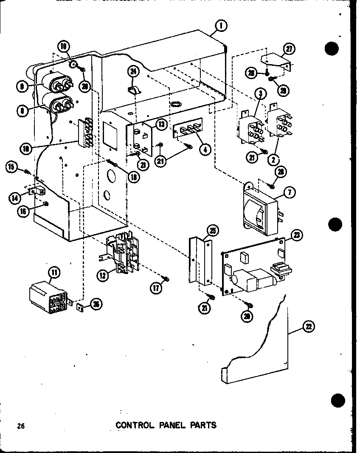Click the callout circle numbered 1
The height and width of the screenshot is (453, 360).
[220, 26]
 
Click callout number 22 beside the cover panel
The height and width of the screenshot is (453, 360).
[309, 326]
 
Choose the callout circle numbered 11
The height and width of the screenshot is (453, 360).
[55, 272]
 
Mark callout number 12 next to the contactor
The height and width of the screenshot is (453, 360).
[101, 275]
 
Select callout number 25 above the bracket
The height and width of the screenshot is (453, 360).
[212, 232]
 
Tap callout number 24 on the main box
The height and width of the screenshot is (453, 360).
[133, 72]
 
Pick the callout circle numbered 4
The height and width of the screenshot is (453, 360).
[205, 150]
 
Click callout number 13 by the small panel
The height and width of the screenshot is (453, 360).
[160, 125]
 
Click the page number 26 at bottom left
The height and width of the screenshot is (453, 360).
[20, 425]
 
